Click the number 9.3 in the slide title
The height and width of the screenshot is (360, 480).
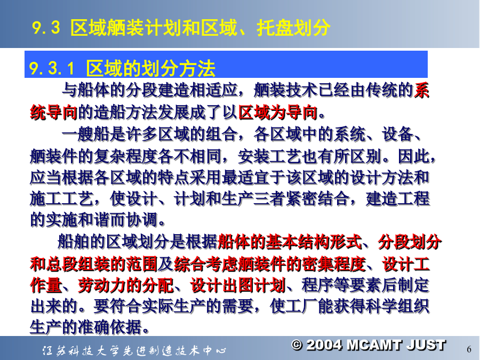[46, 28]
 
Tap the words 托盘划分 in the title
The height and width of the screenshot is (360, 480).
[293, 28]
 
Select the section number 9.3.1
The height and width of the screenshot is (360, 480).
[52, 68]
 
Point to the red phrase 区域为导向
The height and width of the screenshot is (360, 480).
[278, 113]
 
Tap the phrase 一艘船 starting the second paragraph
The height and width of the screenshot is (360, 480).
[86, 134]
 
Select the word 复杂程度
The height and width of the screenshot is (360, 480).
[126, 156]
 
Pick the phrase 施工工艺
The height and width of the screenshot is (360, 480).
[62, 199]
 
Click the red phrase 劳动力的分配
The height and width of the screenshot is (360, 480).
[125, 285]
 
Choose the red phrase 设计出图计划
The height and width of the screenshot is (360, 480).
[238, 285]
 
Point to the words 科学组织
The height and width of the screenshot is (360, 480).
[397, 306]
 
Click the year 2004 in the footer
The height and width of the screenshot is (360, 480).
[324, 345]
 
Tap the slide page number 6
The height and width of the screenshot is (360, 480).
[469, 349]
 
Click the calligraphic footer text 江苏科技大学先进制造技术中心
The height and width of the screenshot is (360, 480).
[134, 350]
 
